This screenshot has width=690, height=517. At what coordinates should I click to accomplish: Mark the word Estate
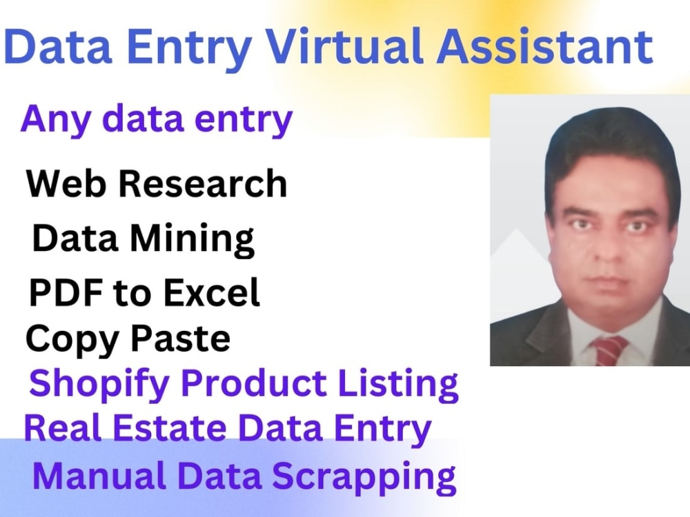coord(181,427)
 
